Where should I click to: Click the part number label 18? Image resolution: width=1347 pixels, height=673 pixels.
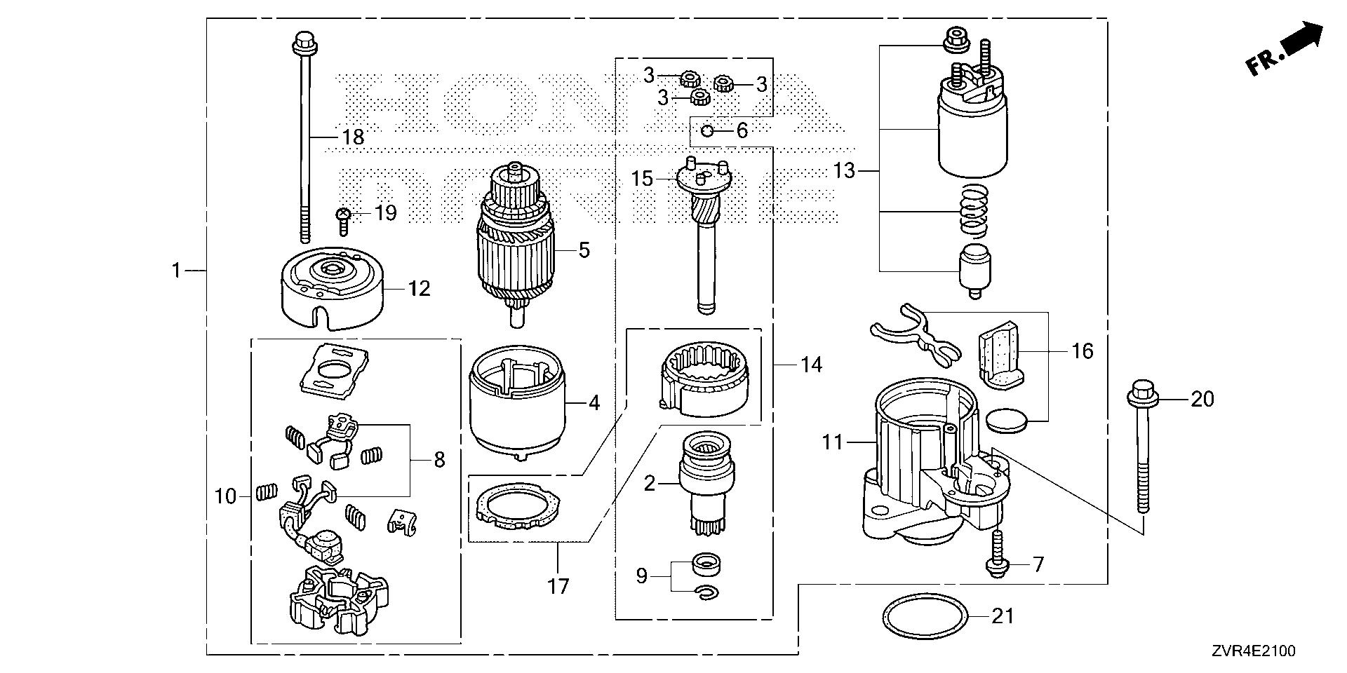353,137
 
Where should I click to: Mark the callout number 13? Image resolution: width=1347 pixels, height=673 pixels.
845,170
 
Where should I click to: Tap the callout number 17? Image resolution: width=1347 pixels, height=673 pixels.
558,586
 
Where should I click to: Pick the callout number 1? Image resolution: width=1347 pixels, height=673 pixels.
177,270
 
